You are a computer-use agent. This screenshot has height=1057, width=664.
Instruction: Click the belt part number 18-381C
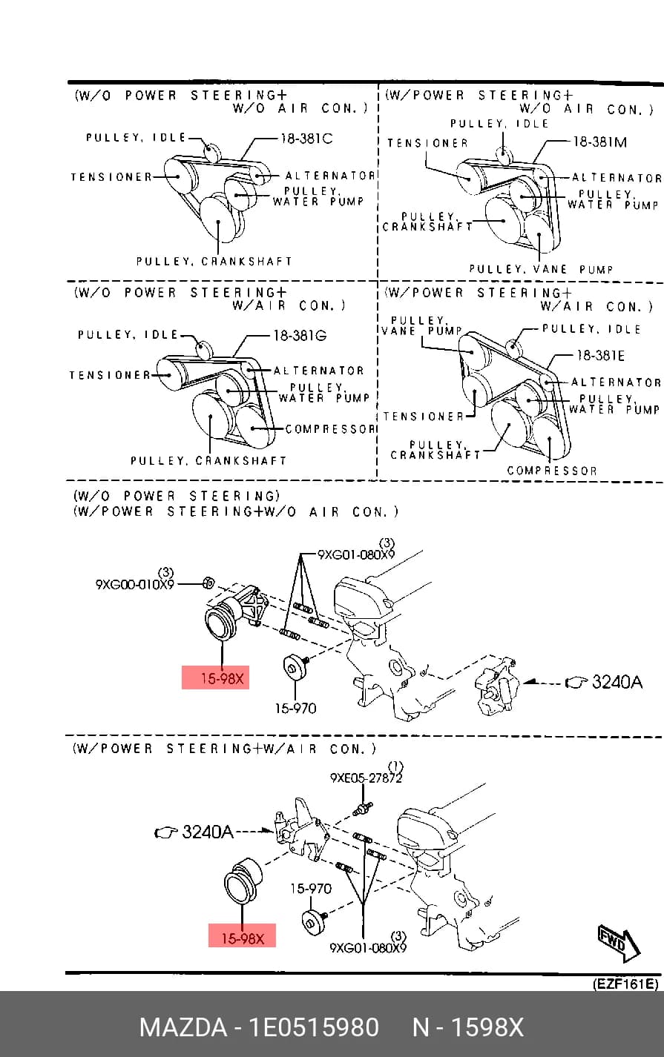306,139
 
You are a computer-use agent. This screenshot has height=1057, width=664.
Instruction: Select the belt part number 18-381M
599,142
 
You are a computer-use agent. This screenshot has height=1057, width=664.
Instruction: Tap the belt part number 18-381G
300,336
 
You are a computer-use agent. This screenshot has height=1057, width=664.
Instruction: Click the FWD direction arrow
619,944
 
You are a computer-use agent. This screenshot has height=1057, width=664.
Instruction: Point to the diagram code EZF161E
625,984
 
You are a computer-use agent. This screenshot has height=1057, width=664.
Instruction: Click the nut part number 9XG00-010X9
135,584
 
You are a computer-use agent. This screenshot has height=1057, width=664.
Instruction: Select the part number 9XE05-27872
366,778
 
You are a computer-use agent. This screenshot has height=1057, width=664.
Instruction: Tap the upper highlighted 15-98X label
215,677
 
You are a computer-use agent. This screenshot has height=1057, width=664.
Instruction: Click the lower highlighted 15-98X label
242,935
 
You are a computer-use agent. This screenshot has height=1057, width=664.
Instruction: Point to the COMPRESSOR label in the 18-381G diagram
329,429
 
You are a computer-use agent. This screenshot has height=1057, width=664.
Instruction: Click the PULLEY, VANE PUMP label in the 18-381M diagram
541,270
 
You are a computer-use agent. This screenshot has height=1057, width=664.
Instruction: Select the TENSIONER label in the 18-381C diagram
111,177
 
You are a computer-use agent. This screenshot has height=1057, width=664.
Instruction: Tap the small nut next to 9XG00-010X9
208,583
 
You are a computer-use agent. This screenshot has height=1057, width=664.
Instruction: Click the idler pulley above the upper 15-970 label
294,668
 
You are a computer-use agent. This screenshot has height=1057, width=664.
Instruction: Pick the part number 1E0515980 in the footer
314,1027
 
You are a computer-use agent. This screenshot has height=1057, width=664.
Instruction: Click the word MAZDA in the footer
183,1027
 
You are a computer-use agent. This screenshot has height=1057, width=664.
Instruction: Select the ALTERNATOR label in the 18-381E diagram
616,382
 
